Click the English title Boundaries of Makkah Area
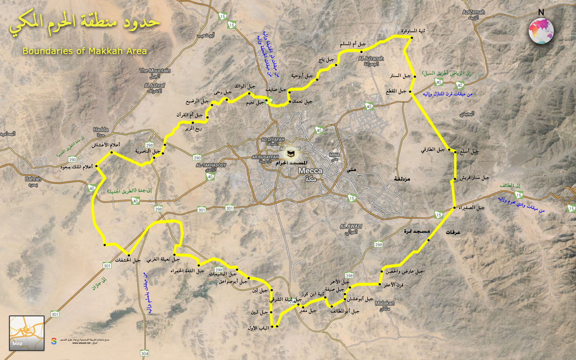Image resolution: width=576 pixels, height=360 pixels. point(85,51)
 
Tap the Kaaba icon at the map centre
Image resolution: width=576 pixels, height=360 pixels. point(290,154)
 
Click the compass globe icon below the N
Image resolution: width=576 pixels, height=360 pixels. point(541,31)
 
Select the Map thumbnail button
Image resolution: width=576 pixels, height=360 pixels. point(27,333)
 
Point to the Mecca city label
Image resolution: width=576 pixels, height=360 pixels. point(310,171)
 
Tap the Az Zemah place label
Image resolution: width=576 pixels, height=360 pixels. point(473,12)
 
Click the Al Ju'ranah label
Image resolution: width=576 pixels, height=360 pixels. point(371,58)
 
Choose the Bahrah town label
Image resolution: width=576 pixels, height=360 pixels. point(33,179)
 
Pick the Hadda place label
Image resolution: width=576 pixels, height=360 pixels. point(101,129)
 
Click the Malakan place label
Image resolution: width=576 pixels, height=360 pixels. point(384,303)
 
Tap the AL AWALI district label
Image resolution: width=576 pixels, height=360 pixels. point(351,226)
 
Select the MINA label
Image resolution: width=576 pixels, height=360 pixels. point(334,155)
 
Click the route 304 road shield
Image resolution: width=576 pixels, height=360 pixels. point(144,353)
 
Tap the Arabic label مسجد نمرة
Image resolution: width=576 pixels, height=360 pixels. point(417,231)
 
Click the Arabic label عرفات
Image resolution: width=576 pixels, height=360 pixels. point(453,233)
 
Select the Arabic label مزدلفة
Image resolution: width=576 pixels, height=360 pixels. point(402,179)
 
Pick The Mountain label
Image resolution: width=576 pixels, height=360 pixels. point(155,71)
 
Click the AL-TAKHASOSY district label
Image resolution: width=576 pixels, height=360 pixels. point(211,165)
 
